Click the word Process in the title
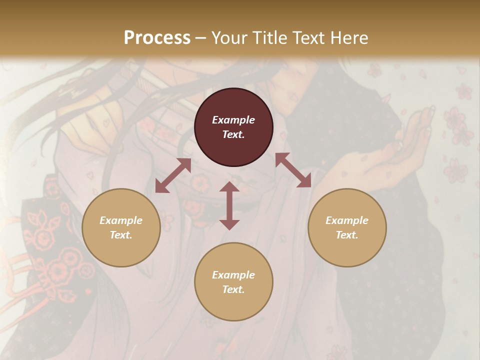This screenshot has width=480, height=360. click(157, 38)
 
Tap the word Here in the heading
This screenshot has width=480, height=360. click(348, 38)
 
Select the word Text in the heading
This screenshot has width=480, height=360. click(308, 38)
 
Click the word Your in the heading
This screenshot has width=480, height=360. click(228, 38)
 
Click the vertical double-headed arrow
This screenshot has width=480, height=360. click(229, 205)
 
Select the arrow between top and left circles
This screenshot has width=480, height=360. click(173, 175)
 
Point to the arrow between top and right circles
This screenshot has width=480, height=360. click(293, 170)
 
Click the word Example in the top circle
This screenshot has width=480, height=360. click(233, 120)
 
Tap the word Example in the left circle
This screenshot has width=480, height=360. click(121, 220)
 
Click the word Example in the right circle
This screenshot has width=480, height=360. click(347, 220)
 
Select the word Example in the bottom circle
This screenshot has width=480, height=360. click(233, 275)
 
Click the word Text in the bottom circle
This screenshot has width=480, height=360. click(233, 289)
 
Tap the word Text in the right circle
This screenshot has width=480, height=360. click(347, 235)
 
